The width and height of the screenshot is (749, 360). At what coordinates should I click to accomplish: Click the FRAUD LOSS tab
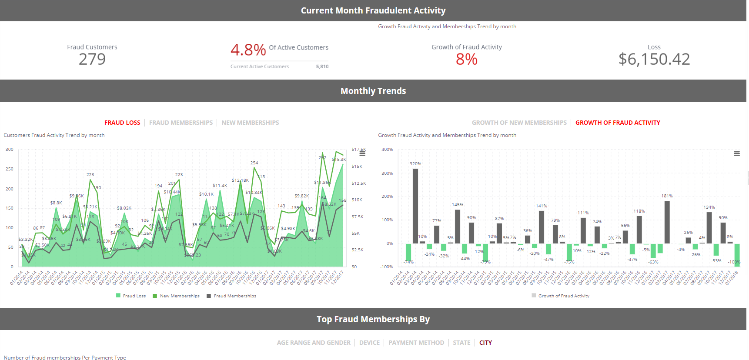pos(122,123)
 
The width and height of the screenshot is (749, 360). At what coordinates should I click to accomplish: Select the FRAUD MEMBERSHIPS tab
pos(181,123)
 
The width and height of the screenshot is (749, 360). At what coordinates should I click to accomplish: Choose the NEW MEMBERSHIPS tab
pos(250,123)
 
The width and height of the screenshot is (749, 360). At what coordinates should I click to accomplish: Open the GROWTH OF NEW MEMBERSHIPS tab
pos(519,123)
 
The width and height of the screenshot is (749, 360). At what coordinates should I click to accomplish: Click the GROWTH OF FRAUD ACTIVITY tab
pos(618,123)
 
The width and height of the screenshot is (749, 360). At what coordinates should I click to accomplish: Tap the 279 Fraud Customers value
pos(92,59)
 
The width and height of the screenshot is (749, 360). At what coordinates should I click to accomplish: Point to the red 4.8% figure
pos(248,50)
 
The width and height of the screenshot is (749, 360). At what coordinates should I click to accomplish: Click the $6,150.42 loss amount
pos(654,59)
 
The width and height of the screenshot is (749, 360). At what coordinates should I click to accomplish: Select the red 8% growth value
pos(466,59)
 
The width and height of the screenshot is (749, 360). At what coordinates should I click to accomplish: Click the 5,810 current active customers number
pos(322,67)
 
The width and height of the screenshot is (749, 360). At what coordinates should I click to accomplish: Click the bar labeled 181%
pos(667,222)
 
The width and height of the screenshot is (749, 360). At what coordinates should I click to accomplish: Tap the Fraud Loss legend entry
pos(131,296)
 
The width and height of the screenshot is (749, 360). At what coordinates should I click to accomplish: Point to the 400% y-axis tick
pos(387,150)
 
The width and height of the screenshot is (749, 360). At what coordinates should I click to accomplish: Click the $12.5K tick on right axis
pos(359,183)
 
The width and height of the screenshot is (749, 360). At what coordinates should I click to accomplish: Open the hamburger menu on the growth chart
pos(737,153)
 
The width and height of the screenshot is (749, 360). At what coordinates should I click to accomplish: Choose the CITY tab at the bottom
pos(485,343)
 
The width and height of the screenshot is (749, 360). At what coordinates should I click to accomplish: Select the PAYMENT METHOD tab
pos(416,343)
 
